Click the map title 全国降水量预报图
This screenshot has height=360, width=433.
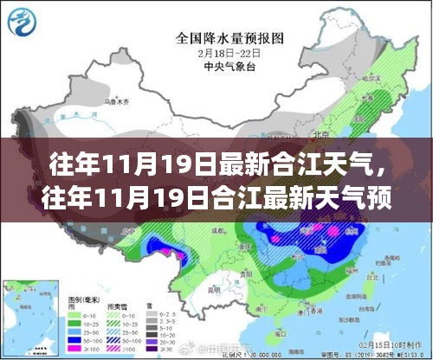(x=216, y=37)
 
